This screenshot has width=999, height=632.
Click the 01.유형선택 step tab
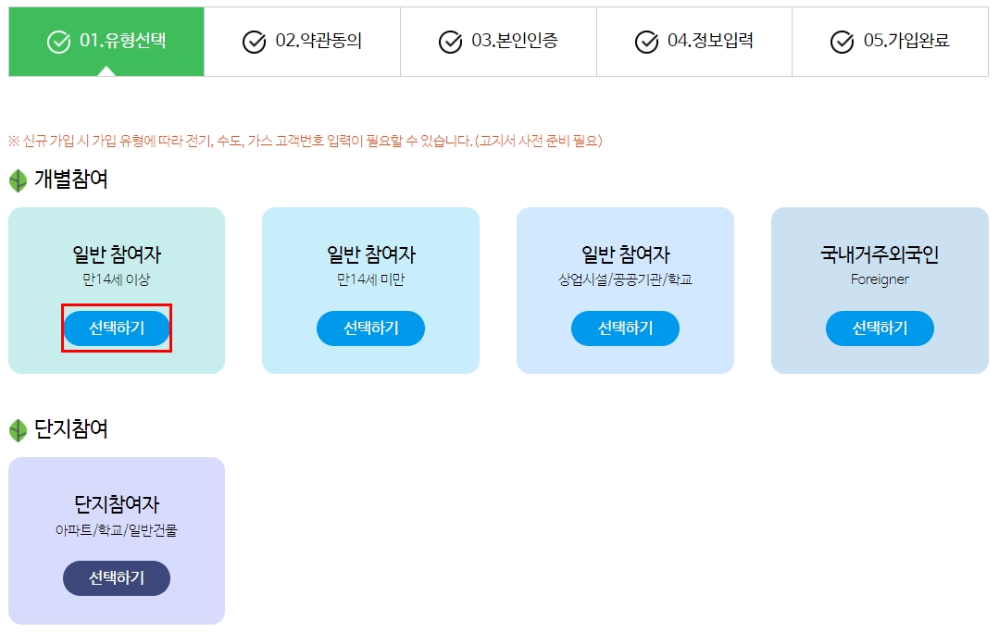tap(106, 42)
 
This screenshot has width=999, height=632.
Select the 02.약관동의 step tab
tap(302, 42)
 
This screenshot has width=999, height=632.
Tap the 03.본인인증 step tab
tap(498, 42)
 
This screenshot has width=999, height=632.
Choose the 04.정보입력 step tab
tap(694, 42)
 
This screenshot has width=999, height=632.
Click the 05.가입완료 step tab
tap(890, 42)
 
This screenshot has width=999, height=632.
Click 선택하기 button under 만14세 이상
tap(117, 328)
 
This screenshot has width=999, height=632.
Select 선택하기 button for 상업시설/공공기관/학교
tap(625, 328)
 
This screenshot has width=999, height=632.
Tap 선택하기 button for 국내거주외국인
tap(880, 328)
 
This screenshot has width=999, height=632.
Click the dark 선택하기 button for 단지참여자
tap(117, 578)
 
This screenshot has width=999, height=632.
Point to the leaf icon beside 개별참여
tap(18, 180)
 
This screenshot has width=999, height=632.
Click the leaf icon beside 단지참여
tap(18, 430)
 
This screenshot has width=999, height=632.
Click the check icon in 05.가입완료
tap(842, 43)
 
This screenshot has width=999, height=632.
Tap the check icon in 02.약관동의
tap(254, 43)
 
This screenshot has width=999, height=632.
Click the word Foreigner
tap(880, 279)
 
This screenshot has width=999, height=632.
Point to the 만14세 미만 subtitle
tap(370, 279)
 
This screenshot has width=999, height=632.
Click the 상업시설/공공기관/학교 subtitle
tap(625, 279)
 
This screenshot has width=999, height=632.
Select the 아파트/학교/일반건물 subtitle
tap(117, 530)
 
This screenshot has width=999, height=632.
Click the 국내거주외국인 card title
tap(880, 254)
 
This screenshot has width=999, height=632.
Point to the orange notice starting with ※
tap(306, 141)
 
